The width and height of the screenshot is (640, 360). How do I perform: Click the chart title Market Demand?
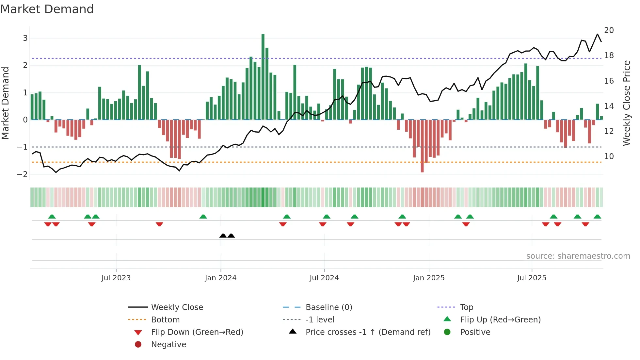pos(47,9)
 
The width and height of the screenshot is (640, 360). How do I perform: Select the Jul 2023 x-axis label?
pos(116,278)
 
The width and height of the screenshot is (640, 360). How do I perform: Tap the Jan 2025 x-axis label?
pos(429,278)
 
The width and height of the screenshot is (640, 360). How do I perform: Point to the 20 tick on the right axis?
pos(609,30)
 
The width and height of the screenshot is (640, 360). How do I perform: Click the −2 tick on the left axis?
pos(23,174)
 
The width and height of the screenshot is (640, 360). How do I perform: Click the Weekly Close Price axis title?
pos(626,103)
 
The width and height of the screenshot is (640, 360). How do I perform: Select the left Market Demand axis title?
pos(6,103)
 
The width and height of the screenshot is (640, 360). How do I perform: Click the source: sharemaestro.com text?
pos(578,256)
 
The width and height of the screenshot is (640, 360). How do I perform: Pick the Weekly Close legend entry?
pos(177,307)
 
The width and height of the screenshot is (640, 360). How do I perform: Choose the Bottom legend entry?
pos(165,320)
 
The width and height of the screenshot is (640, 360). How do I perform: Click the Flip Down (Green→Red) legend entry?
pos(197,332)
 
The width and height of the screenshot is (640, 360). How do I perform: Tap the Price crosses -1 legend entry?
pos(368,332)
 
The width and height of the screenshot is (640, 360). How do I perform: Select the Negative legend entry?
pos(168,345)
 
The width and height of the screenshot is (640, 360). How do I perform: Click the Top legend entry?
pos(467,307)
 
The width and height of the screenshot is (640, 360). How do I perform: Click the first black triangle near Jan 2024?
pos(223,236)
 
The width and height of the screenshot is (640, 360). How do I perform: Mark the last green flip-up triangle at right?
pos(597,217)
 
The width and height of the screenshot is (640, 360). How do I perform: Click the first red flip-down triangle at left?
pos(48,224)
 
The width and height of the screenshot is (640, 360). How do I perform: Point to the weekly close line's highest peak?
pos(598,34)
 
